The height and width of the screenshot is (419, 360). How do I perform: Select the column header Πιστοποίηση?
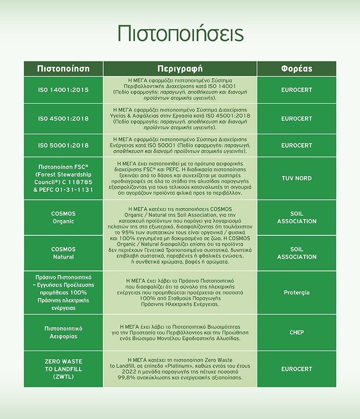point(63,69)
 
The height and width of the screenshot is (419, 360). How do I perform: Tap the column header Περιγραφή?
point(180,69)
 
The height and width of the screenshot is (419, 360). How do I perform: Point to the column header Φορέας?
point(296,69)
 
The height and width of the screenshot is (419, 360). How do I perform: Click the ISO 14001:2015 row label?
point(63,90)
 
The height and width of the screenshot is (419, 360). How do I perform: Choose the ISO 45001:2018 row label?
point(63,119)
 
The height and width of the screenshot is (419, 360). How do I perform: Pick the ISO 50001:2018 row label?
point(63,145)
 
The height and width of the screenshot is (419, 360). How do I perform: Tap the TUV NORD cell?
point(296,178)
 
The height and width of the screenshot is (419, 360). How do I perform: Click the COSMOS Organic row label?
point(63,217)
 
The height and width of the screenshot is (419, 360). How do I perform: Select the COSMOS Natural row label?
point(63,253)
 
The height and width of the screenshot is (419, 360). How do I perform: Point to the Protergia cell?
point(296,293)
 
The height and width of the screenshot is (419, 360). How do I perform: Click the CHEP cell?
point(296,332)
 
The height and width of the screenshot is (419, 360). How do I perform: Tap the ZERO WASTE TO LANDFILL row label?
point(63,369)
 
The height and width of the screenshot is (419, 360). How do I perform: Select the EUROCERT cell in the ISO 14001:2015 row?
point(296,90)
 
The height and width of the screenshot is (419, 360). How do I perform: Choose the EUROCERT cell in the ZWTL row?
point(296,369)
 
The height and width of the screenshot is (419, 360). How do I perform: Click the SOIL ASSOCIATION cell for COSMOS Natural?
point(296,253)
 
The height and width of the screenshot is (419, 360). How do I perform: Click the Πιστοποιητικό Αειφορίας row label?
point(63,332)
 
